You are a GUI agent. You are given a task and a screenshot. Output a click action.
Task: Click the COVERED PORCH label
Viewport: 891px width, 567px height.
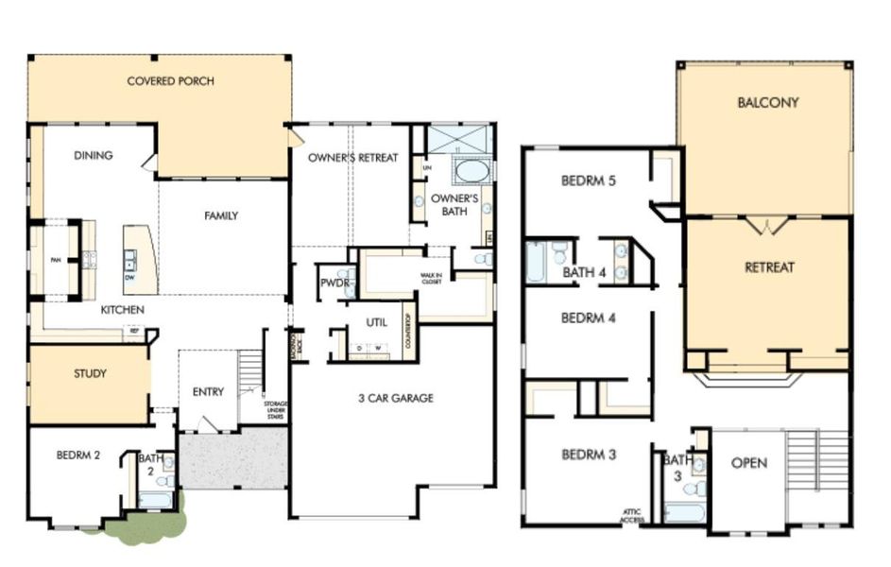click(170, 81)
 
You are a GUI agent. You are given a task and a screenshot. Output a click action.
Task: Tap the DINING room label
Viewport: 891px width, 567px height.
click(93, 156)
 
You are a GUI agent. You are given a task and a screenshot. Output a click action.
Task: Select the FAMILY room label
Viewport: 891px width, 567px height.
click(221, 215)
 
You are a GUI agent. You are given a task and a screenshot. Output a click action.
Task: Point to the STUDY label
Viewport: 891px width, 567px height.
click(90, 373)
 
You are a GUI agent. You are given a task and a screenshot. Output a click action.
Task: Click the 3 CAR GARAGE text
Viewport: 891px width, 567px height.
click(395, 398)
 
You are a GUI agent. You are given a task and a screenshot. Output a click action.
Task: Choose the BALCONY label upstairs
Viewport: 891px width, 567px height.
click(767, 102)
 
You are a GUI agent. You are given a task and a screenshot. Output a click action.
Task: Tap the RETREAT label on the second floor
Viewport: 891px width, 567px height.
click(769, 267)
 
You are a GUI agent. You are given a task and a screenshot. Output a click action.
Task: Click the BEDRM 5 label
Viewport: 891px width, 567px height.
click(588, 180)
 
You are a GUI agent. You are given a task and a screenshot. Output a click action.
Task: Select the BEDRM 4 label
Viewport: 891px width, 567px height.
click(588, 318)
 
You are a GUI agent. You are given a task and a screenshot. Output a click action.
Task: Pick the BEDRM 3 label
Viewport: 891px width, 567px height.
click(588, 455)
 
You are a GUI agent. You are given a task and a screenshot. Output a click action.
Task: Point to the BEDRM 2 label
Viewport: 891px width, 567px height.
click(77, 455)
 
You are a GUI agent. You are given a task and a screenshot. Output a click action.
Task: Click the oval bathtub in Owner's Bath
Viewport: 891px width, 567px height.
click(471, 171)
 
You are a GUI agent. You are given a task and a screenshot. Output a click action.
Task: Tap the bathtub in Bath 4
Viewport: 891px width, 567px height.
click(536, 263)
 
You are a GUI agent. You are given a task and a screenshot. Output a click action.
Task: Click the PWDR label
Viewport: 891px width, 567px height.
click(333, 282)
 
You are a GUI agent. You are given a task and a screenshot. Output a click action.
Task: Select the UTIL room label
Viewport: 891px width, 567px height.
click(376, 322)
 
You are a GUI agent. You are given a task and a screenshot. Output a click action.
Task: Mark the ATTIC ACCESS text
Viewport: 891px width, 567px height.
click(632, 516)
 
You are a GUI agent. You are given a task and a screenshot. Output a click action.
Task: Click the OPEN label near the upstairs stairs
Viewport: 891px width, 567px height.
click(748, 463)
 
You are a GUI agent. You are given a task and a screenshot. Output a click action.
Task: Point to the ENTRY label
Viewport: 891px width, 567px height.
click(208, 392)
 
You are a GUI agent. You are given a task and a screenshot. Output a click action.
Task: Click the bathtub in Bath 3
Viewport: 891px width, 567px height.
click(684, 512)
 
